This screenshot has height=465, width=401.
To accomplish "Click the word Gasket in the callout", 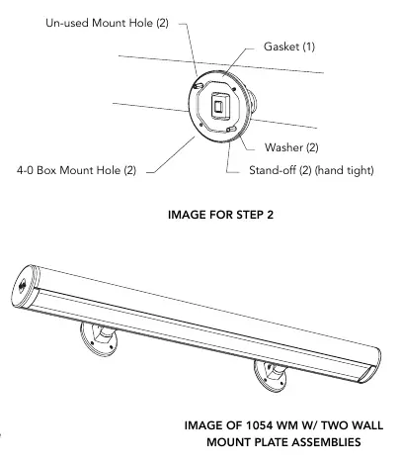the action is click(x=281, y=46).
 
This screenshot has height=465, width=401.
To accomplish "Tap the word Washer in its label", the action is click(x=283, y=147).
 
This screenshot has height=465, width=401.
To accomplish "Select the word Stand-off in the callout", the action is click(x=273, y=170).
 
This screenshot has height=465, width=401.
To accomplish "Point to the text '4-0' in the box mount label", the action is click(x=25, y=170).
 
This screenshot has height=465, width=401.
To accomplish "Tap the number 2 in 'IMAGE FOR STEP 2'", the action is click(x=270, y=215).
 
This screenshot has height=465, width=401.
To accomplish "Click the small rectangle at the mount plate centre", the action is click(x=218, y=107).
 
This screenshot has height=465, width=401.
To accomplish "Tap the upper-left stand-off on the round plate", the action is click(x=199, y=86).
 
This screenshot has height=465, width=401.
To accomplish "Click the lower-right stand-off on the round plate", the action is click(x=231, y=129).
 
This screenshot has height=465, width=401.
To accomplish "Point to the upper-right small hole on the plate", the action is click(x=233, y=89).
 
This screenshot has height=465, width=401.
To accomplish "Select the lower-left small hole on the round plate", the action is click(x=200, y=125).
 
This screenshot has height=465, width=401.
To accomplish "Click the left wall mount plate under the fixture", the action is click(x=97, y=339).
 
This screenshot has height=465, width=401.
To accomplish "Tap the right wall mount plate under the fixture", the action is click(x=270, y=376).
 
